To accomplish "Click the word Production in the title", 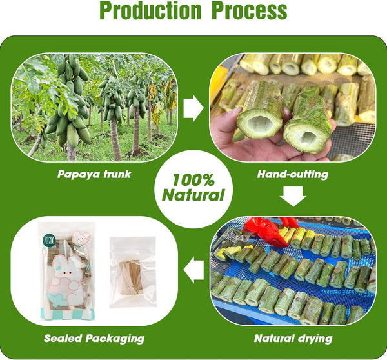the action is (151, 10).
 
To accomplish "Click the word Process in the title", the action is (250, 10).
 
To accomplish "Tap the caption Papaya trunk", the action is (94, 174).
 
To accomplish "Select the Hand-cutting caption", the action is (293, 174).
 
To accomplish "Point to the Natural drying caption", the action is (293, 339).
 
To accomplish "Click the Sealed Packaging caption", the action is (94, 339).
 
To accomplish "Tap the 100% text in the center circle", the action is (193, 180).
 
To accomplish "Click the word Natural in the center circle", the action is (193, 195).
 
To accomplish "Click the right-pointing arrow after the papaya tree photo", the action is (193, 108).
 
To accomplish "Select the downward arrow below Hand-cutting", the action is (293, 196).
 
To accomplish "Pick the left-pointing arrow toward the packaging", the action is (193, 270).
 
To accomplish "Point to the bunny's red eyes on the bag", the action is (67, 273).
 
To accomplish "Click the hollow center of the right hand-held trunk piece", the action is (307, 137).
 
